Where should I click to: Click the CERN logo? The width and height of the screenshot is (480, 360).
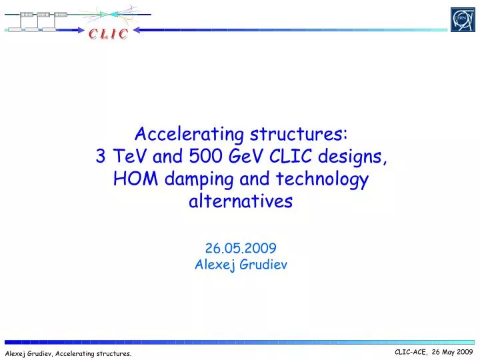[x=462, y=19]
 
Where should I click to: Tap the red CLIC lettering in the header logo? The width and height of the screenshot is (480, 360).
[x=107, y=34]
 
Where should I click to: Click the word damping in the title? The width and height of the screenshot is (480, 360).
[x=199, y=180]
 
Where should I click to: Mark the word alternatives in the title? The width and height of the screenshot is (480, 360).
[x=241, y=201]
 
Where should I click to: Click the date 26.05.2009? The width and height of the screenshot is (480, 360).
[x=241, y=248]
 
